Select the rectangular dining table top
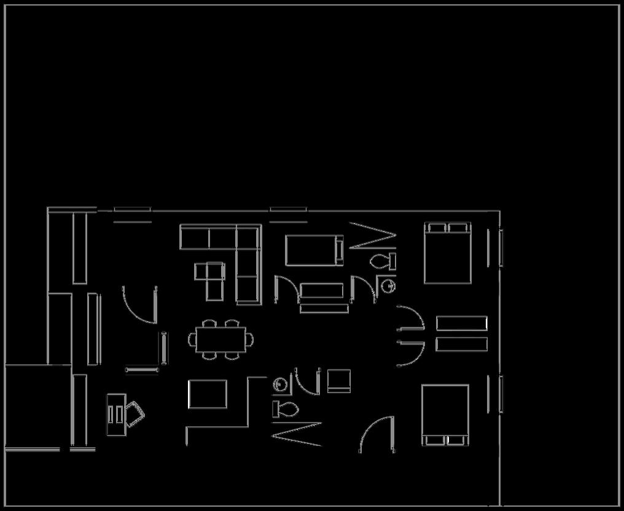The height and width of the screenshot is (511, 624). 220,339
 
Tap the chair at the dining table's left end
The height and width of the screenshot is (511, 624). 191,339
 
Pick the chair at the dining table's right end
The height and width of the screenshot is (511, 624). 249,339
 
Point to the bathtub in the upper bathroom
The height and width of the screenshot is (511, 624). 314,250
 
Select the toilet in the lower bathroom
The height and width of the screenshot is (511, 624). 286,408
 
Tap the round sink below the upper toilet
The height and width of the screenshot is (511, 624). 388,285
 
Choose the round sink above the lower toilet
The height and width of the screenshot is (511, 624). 280,384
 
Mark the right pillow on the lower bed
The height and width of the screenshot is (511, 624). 456,440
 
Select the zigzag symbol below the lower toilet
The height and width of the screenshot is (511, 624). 297,434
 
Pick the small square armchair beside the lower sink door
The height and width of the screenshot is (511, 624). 338,381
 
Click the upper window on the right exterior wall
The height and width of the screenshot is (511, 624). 501,248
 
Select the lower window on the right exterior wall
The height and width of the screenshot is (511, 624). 501,394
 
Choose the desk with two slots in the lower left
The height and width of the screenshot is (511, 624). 115,414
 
